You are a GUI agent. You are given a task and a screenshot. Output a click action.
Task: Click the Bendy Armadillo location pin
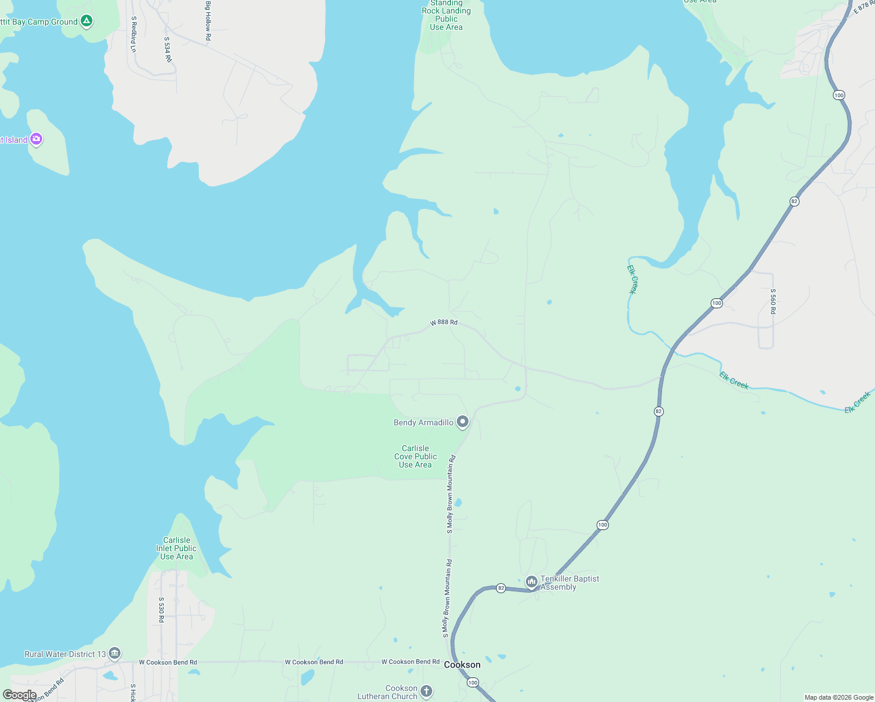click(x=463, y=422)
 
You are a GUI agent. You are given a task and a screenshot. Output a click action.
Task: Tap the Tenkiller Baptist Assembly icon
click(x=532, y=581)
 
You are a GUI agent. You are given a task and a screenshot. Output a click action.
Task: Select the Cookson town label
click(x=462, y=665)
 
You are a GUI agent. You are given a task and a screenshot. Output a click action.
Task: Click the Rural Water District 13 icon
click(x=115, y=653)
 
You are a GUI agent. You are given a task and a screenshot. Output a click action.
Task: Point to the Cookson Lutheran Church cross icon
click(x=426, y=691)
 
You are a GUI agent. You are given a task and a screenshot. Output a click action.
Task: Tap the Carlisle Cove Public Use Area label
click(x=415, y=456)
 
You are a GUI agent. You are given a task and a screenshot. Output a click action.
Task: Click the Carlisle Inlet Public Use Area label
click(x=177, y=548)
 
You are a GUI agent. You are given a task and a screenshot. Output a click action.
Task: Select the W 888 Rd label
click(x=444, y=322)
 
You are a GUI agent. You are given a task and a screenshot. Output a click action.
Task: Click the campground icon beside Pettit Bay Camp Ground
click(x=87, y=22)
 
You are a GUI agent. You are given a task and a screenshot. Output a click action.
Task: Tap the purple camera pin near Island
click(x=36, y=139)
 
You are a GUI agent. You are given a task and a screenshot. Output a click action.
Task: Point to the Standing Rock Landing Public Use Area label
click(x=446, y=15)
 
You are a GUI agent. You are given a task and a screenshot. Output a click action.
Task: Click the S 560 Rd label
click(x=773, y=301)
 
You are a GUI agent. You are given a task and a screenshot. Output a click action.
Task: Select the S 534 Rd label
click(x=167, y=50)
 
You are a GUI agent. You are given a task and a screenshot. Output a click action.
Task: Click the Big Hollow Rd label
click(x=208, y=20)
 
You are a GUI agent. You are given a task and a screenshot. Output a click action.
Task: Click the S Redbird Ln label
click(x=133, y=34)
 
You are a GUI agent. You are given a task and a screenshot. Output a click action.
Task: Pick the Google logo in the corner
click(x=19, y=695)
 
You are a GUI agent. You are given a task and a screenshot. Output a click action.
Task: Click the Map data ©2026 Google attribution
click(x=839, y=697)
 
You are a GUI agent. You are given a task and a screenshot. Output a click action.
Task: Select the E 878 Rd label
click(x=863, y=7)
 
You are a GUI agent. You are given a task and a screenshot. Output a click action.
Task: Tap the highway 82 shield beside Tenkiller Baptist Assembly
click(x=501, y=588)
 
